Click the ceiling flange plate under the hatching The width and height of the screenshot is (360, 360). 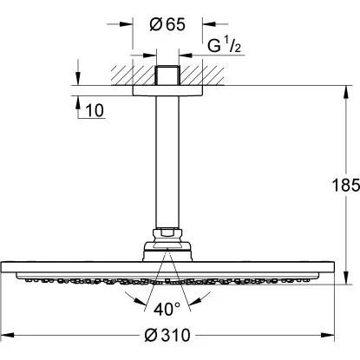[x=168, y=89]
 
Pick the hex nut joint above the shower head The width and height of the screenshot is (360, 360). [x=168, y=233]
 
